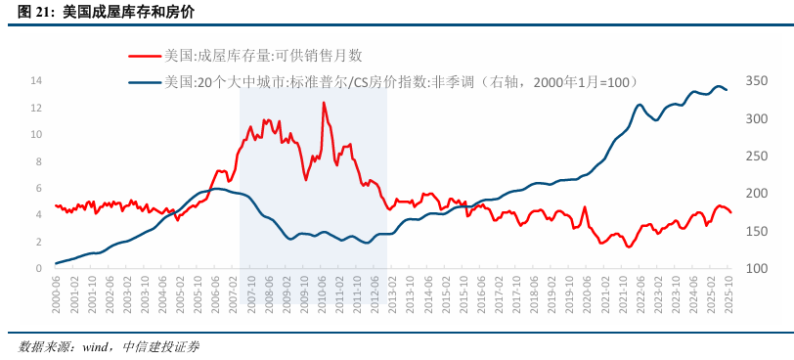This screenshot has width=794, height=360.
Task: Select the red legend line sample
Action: pyautogui.click(x=145, y=56)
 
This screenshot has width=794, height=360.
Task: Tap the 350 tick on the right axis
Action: pyautogui.click(x=756, y=80)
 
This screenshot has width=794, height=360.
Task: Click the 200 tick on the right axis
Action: pyautogui.click(x=756, y=193)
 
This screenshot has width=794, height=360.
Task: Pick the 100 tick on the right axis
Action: pyautogui.click(x=756, y=268)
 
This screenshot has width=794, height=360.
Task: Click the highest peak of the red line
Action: pyautogui.click(x=324, y=103)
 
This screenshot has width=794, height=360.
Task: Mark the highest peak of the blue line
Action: pyautogui.click(x=719, y=86)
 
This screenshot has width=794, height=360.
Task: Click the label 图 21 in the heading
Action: pyautogui.click(x=35, y=12)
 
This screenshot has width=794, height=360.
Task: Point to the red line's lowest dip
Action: pyautogui.click(x=629, y=247)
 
